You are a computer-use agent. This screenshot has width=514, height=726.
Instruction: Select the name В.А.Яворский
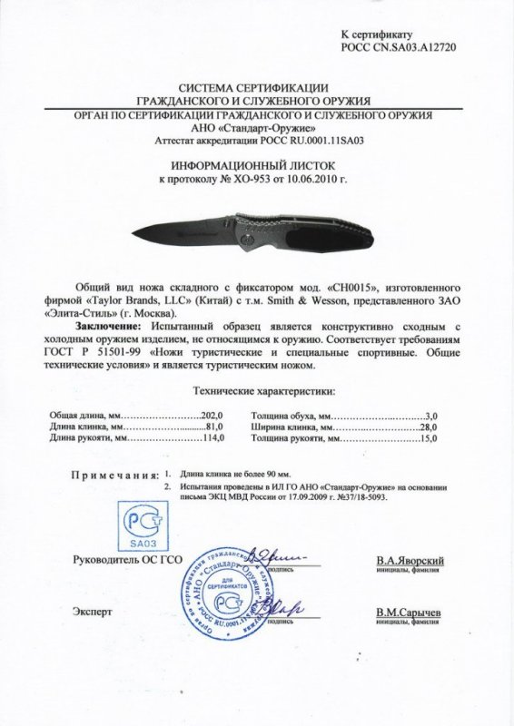(x=409, y=562)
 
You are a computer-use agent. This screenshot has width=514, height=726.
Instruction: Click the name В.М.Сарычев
(x=409, y=613)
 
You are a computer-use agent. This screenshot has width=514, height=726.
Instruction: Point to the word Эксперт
(x=89, y=613)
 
